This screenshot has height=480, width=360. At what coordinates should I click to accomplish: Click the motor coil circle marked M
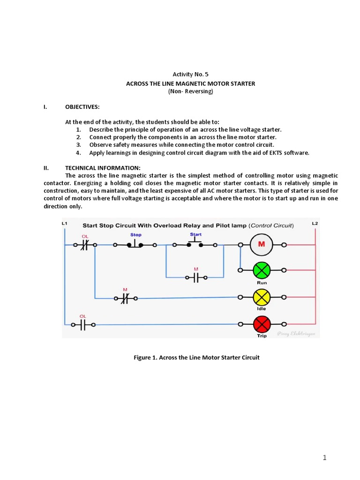coord(262,244)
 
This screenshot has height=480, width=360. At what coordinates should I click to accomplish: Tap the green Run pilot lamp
coord(262,270)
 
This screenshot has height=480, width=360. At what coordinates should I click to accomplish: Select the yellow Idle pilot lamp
coord(262,297)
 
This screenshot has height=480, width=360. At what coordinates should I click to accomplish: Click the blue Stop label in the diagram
coord(136,234)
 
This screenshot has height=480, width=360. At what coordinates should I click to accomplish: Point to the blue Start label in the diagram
coord(196,234)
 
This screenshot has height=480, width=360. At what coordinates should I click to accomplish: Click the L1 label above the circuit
coord(64,224)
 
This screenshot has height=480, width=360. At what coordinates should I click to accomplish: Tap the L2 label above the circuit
coord(315,224)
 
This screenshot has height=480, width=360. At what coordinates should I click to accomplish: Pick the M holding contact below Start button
coord(196,277)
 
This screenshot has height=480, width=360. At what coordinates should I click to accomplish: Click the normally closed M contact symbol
coord(125,298)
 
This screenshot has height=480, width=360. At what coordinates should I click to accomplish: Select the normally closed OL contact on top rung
coord(84,244)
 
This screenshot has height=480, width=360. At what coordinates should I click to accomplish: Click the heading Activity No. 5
coord(190,74)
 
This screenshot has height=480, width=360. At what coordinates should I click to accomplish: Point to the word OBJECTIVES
coord(82,107)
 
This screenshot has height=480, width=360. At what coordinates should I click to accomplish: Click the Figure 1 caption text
coord(196,357)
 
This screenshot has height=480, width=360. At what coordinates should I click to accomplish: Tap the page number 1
coord(324,458)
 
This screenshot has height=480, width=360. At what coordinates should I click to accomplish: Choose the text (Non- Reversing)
coord(190,91)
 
